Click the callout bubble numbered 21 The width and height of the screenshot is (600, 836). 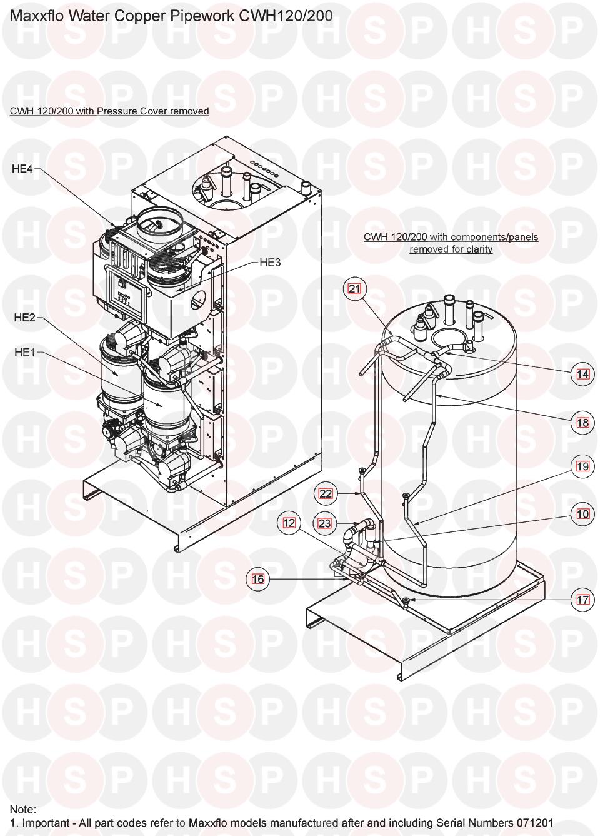point(354,288)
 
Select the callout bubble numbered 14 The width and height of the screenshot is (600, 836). point(582,373)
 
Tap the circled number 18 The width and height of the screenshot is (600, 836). point(582,423)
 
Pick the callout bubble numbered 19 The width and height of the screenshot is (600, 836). point(582,466)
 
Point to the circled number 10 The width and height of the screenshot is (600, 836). point(582,514)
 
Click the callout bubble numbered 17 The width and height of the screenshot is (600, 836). point(582,600)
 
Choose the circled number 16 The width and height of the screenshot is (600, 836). point(258,579)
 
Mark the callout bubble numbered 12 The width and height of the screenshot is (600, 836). point(289,523)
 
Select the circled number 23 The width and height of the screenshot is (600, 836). point(324,523)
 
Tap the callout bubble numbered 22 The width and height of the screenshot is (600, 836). point(326,493)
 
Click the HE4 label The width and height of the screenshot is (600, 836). point(22,169)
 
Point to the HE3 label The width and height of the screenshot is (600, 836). point(270,263)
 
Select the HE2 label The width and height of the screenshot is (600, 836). point(24,318)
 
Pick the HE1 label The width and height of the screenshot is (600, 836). point(24,352)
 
